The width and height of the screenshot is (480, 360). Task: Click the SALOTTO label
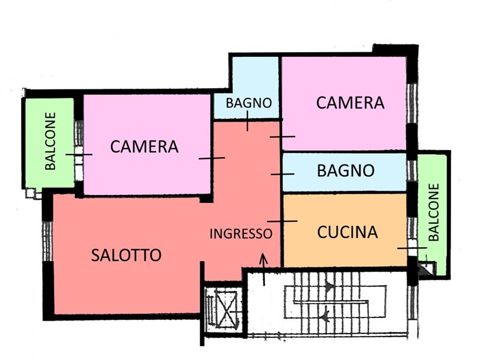pyautogui.click(x=126, y=255)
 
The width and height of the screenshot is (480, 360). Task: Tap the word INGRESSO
pyautogui.click(x=241, y=234)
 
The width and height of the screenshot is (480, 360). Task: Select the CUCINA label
pyautogui.click(x=347, y=232)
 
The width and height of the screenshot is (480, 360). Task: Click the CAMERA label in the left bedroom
pyautogui.click(x=144, y=146)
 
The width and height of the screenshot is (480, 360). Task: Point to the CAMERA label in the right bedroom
pyautogui.click(x=350, y=103)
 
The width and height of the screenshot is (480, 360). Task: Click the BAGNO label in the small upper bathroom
pyautogui.click(x=248, y=103)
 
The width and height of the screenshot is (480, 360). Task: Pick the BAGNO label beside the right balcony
pyautogui.click(x=346, y=170)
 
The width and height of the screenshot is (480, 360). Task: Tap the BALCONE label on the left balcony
pyautogui.click(x=50, y=141)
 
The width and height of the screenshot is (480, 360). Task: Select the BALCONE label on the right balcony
pyautogui.click(x=434, y=212)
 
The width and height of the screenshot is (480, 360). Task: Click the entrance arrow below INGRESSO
pyautogui.click(x=263, y=269)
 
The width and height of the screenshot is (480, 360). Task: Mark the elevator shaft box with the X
pyautogui.click(x=227, y=310)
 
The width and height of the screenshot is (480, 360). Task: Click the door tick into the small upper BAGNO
pyautogui.click(x=247, y=121)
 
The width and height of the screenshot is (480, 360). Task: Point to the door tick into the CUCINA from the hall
pyautogui.click(x=282, y=221)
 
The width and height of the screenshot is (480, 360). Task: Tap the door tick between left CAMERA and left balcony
pyautogui.click(x=79, y=155)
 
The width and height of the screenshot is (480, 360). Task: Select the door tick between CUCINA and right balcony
pyautogui.click(x=412, y=248)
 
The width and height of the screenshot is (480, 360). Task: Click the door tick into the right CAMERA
pyautogui.click(x=282, y=137)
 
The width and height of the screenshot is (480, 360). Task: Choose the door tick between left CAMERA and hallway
pyautogui.click(x=212, y=158)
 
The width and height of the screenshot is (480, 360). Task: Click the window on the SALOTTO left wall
pyautogui.click(x=47, y=241)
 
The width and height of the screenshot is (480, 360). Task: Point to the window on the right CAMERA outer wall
pyautogui.click(x=412, y=103)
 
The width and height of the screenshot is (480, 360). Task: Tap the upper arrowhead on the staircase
pyautogui.click(x=329, y=287)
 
